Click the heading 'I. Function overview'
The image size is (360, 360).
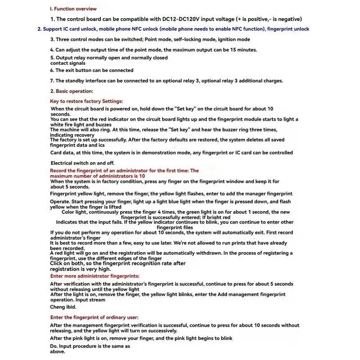click(x=73, y=9)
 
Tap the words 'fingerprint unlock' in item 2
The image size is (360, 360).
click(x=288, y=29)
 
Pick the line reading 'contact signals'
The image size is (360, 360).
click(x=68, y=63)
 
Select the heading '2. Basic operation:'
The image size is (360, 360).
click(x=72, y=91)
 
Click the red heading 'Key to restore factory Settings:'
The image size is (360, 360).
click(x=86, y=101)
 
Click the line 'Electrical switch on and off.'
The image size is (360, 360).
click(x=82, y=162)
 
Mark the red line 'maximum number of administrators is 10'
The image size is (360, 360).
click(x=97, y=176)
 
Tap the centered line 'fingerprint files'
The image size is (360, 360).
click(x=175, y=227)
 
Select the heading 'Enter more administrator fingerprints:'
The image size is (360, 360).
click(x=94, y=275)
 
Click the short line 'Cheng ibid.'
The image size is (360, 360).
click(x=63, y=307)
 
